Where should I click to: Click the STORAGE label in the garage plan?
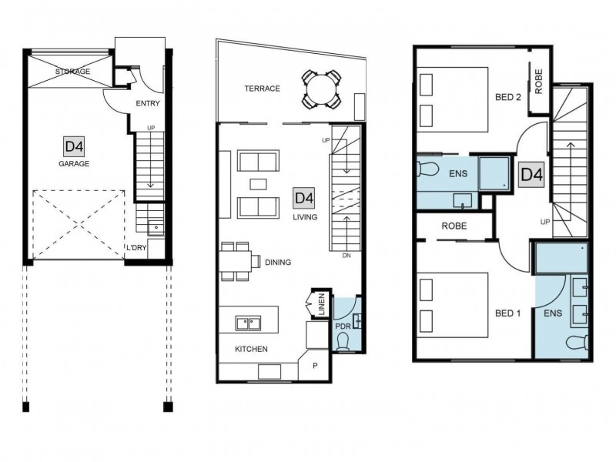point(72,72)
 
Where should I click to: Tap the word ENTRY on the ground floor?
point(148,103)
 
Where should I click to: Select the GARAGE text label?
point(74,163)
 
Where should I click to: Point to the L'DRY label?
point(136,247)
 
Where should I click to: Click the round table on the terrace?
point(321,89)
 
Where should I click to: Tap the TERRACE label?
point(262,89)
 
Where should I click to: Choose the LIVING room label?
point(305,217)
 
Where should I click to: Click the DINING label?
point(278,262)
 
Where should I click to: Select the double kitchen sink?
point(248,323)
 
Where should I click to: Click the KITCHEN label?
point(251,349)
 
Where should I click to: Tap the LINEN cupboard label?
point(322,304)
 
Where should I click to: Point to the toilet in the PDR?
point(343,341)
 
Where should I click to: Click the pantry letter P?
point(315,366)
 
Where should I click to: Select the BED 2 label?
point(508,97)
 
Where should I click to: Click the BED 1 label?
point(508,313)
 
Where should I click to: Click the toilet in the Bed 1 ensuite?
point(577,342)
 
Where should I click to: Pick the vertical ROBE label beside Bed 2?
point(538,82)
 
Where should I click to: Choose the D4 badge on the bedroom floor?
point(532,175)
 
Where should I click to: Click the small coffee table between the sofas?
point(258,184)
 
